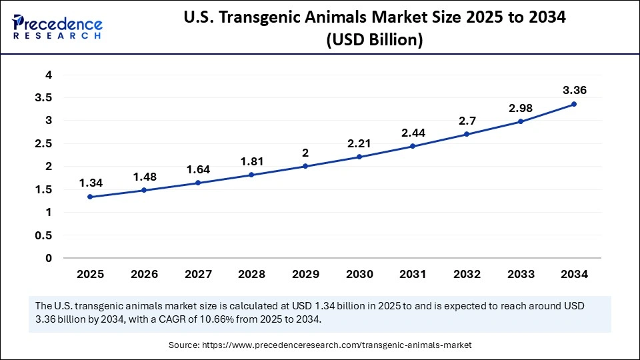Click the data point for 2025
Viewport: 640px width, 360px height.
point(89,197)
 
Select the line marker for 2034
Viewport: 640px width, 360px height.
point(574,104)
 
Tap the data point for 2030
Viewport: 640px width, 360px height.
point(359,157)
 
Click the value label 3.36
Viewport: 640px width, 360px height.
point(574,90)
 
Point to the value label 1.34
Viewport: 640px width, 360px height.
point(89,183)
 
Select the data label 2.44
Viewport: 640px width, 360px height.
point(413,132)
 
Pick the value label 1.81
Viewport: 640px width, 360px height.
point(251,161)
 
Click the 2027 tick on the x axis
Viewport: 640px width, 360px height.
point(197,274)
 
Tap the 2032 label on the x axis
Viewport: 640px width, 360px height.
point(467,274)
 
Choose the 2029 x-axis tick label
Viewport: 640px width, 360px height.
point(305,274)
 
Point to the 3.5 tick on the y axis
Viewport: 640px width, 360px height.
point(43,97)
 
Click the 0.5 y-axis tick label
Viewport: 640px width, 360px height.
point(43,235)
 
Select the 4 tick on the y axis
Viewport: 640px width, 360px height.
point(49,75)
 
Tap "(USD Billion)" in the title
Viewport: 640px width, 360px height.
point(375,40)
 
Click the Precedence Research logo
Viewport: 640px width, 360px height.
point(57,27)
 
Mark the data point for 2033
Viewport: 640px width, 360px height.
point(521,121)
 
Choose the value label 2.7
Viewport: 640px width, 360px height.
point(467,120)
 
